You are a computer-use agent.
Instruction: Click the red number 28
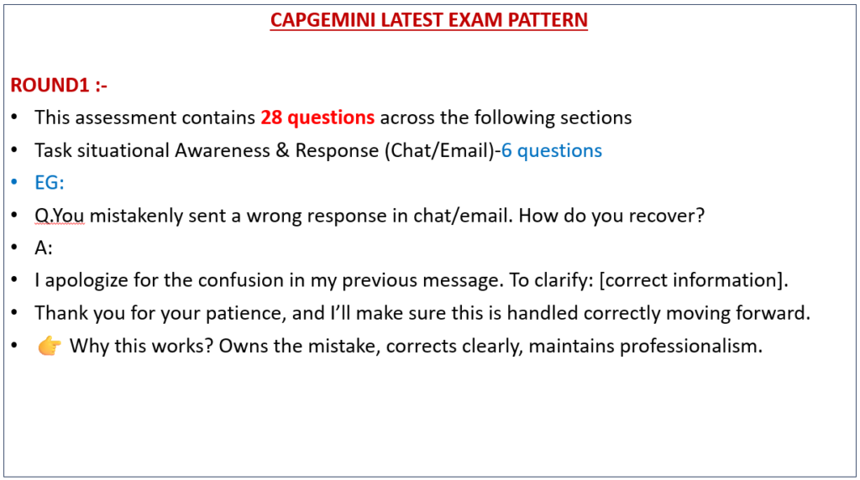271,117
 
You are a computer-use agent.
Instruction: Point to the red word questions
331,117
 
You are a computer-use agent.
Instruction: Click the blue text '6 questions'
552,151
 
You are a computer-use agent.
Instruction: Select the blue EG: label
50,182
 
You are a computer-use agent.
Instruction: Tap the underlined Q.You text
60,216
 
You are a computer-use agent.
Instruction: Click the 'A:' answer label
44,248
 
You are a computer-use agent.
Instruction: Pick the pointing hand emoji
50,347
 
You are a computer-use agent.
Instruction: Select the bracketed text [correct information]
693,280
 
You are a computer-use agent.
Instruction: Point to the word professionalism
691,347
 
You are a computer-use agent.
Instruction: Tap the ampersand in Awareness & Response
282,150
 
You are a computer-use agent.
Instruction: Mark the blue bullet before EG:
15,182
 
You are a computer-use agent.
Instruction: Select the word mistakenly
137,216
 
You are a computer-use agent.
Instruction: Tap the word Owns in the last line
244,347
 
